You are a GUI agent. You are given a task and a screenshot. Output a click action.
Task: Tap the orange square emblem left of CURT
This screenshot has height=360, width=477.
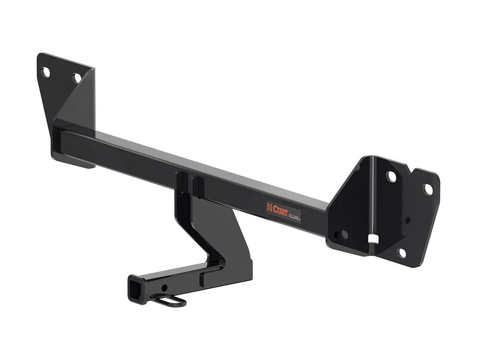tap(270, 208)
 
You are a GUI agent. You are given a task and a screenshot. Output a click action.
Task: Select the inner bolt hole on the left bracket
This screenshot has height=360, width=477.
tap(77, 77)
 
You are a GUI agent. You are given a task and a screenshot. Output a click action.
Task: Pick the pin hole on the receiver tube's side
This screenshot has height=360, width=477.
tap(164, 288)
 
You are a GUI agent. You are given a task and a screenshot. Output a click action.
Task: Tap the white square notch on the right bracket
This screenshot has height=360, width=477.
tap(374, 239)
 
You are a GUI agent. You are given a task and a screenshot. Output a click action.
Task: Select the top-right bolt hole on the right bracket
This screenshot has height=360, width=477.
tap(428, 189)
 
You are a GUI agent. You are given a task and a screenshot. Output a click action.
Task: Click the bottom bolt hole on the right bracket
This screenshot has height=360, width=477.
tap(401, 252)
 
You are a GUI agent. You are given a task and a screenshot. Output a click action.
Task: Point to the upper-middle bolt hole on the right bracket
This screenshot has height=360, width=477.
tap(392, 176)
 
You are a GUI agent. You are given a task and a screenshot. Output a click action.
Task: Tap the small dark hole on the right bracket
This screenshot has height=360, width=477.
tap(407, 220)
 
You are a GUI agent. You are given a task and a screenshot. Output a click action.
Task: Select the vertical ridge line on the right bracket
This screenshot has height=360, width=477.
tap(374, 199)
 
